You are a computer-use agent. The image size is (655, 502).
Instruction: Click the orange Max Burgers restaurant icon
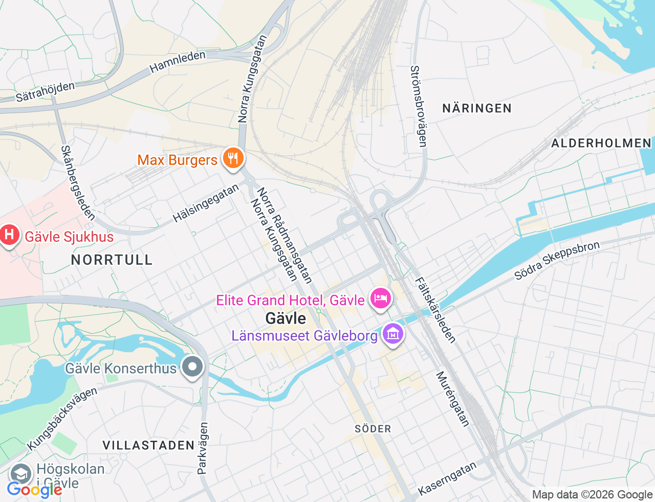pyautogui.click(x=233, y=158)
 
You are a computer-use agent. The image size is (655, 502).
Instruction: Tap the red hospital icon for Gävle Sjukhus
pyautogui.click(x=9, y=235)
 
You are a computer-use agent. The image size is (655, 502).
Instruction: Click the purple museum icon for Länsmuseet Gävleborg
pyautogui.click(x=393, y=334)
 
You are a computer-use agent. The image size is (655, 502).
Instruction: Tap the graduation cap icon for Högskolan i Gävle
pyautogui.click(x=20, y=474)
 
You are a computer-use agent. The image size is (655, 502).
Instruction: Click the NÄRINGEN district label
pyautogui.click(x=476, y=108)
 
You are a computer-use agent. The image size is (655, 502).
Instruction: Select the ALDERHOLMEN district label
pyautogui.click(x=601, y=143)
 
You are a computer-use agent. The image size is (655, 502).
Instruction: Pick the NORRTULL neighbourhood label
pyautogui.click(x=112, y=260)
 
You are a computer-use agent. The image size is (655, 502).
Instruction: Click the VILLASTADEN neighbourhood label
pyautogui.click(x=148, y=445)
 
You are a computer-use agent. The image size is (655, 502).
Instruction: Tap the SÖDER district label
pyautogui.click(x=373, y=429)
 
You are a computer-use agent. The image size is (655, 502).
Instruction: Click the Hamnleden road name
pyautogui.click(x=177, y=61)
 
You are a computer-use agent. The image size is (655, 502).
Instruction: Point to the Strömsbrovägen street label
pyautogui.click(x=419, y=106)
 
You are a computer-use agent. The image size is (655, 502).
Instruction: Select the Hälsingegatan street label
pyautogui.click(x=206, y=203)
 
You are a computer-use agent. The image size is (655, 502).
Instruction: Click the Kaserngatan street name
pyautogui.click(x=447, y=478)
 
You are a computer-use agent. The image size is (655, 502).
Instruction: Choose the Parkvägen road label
pyautogui.click(x=203, y=448)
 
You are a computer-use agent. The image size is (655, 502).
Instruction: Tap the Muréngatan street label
pyautogui.click(x=452, y=399)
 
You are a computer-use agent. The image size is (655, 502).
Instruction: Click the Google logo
pyautogui.click(x=34, y=490)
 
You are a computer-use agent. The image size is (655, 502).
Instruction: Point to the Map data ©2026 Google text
pyautogui.click(x=592, y=494)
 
